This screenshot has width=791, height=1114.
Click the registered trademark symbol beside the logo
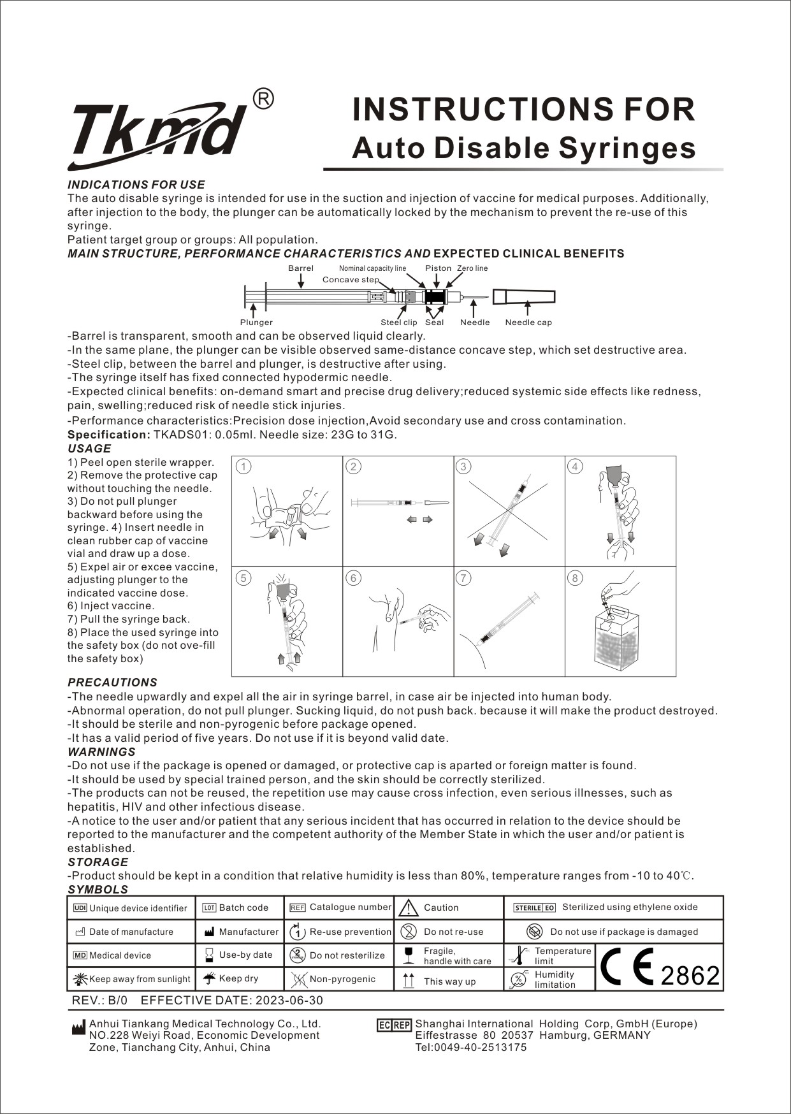point(264,99)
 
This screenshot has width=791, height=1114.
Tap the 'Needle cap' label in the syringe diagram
point(528,322)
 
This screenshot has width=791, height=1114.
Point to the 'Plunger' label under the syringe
point(256,322)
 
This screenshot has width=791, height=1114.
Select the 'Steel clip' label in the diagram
point(399,322)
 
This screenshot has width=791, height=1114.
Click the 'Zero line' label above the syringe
point(472,268)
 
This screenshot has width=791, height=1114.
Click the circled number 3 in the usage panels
point(463,467)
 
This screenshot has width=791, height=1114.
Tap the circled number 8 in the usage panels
point(575,578)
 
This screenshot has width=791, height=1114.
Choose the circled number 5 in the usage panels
point(243,578)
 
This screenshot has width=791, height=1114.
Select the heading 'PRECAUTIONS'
point(112,683)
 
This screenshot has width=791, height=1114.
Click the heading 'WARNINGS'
point(101,752)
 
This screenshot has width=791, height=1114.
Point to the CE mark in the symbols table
point(627,967)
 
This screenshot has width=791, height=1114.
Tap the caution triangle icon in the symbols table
point(408,908)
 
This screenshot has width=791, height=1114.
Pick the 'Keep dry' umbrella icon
point(208,978)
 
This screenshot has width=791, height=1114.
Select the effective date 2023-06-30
point(289,1001)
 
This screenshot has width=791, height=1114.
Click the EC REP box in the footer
point(394,1025)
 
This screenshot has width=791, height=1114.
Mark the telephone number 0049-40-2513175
point(471,1047)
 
